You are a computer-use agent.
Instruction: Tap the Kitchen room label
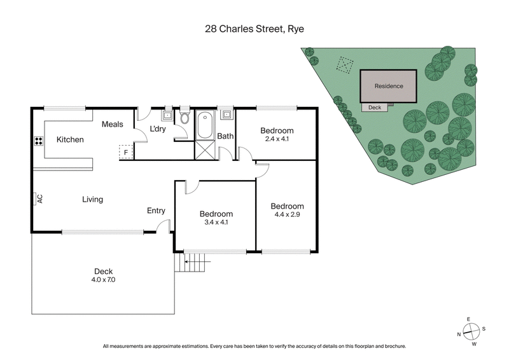[70, 139]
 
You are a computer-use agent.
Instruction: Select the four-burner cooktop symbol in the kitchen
[38, 142]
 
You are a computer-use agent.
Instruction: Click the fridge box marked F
[126, 152]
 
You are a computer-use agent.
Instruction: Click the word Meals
[113, 125]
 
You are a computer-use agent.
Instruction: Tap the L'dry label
[157, 130]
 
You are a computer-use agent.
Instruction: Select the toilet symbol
[185, 118]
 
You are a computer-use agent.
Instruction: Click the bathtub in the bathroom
[205, 125]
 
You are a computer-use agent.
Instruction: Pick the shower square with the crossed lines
[205, 150]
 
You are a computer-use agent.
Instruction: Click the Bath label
[225, 136]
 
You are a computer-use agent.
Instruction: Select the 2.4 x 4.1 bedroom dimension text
[277, 139]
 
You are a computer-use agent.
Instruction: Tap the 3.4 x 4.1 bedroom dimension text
[216, 223]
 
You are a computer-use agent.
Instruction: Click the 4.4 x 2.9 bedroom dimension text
[287, 215]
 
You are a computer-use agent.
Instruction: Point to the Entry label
[156, 211]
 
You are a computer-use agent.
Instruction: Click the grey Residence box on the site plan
[388, 86]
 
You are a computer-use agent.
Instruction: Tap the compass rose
[470, 330]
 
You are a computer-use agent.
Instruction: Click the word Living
[92, 200]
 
